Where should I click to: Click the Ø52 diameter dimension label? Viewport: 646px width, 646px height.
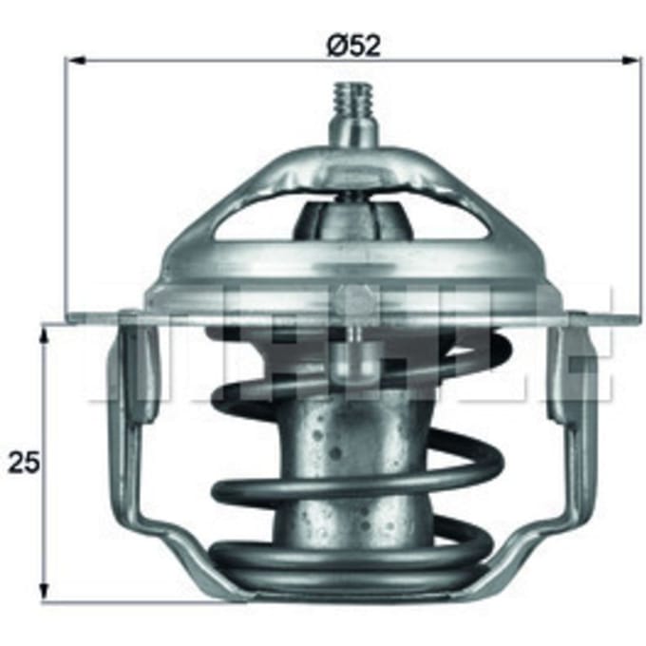click(x=353, y=46)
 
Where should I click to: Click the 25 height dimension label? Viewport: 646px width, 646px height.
click(x=24, y=463)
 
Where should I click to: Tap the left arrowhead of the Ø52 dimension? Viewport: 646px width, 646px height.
click(x=75, y=61)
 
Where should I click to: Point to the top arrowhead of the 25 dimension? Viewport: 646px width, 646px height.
click(x=44, y=333)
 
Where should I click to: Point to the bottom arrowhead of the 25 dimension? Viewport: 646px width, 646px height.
click(x=44, y=590)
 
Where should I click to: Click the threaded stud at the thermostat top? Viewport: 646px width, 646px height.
click(x=353, y=99)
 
